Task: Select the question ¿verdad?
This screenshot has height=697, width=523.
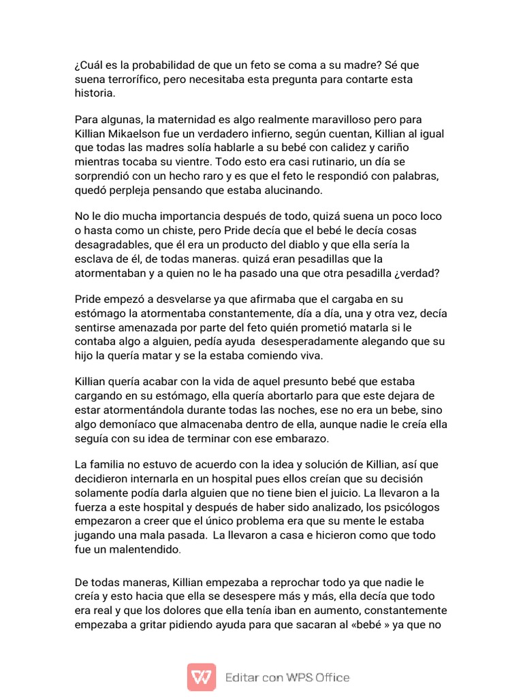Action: pos(424,273)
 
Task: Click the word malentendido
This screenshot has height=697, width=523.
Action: pos(145,549)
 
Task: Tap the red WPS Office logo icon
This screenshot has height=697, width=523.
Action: pos(202,677)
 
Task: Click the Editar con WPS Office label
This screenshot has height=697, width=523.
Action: pos(288,678)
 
